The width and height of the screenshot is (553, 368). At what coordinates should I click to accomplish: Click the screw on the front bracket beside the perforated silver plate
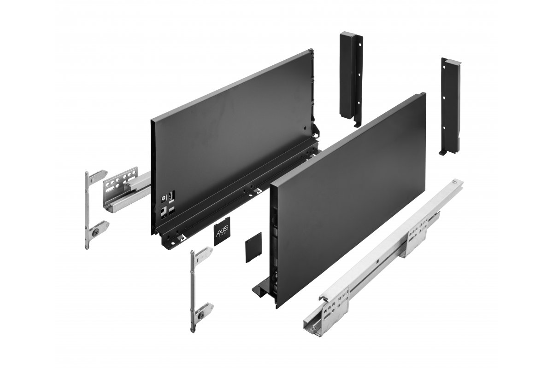point(95,233)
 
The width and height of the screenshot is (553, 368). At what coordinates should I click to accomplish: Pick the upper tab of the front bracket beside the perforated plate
point(99,175)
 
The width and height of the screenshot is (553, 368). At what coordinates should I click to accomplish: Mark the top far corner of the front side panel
point(423,95)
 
